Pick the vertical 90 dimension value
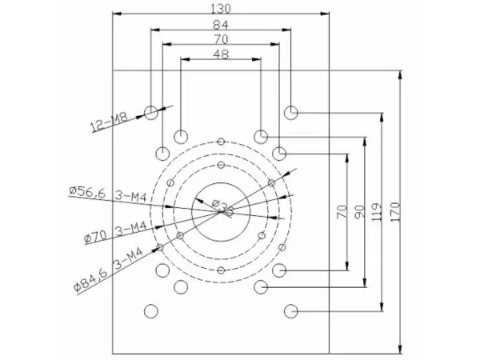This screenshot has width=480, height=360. (x=359, y=212)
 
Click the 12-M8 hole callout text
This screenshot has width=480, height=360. (x=109, y=122)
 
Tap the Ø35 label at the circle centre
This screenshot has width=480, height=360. (x=227, y=210)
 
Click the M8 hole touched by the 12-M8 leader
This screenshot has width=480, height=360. (x=150, y=112)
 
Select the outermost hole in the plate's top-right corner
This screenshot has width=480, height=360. (x=290, y=111)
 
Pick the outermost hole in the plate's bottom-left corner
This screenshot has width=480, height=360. (x=150, y=310)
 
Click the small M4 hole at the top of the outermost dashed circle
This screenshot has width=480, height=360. (x=220, y=142)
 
